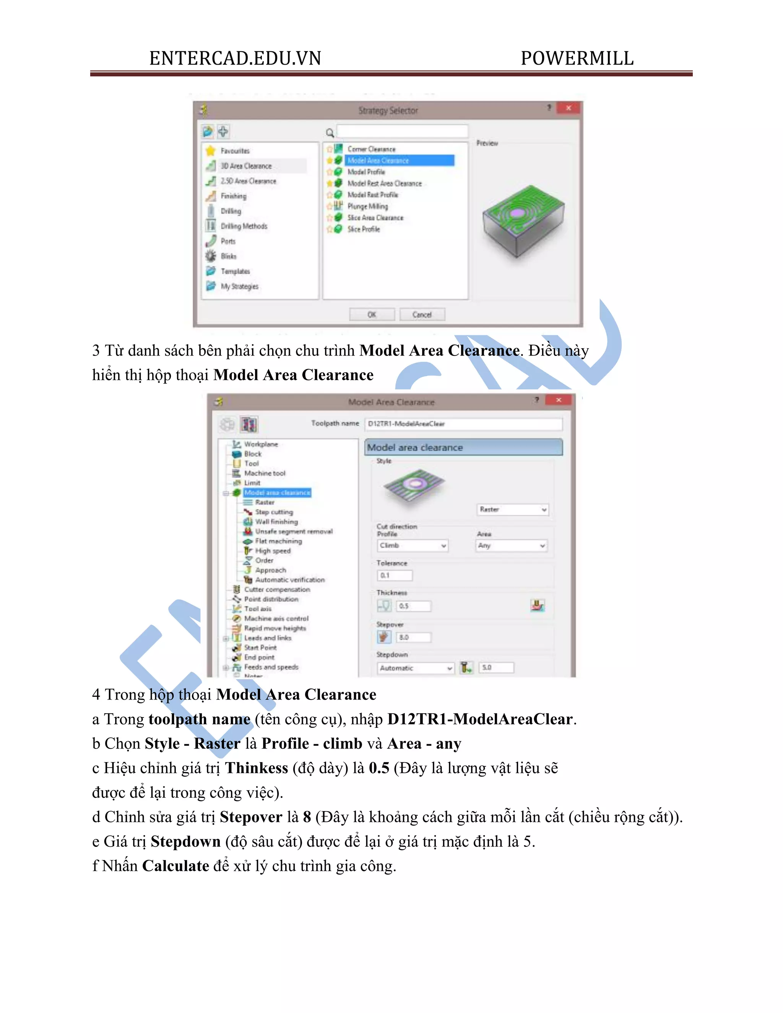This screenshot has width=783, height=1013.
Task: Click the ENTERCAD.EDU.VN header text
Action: click(x=235, y=58)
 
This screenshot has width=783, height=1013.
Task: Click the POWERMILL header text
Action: click(x=577, y=58)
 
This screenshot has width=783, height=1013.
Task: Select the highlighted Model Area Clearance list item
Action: click(x=399, y=161)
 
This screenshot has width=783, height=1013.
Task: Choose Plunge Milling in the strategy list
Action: click(x=367, y=206)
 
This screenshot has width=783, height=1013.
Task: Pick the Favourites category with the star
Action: click(x=235, y=151)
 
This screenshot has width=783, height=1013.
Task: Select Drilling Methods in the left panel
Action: click(x=244, y=226)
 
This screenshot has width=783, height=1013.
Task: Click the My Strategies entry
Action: click(x=239, y=286)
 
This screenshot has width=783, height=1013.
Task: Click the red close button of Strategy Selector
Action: click(x=568, y=108)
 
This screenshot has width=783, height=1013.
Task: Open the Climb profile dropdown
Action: click(x=413, y=545)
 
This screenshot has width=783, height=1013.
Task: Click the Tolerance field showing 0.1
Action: click(x=395, y=576)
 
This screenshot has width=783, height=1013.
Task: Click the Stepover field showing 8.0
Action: click(x=414, y=637)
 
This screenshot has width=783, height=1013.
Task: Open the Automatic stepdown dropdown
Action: click(x=416, y=668)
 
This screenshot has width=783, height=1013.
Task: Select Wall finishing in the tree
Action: click(x=276, y=522)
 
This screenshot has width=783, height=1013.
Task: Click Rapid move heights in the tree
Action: click(x=275, y=628)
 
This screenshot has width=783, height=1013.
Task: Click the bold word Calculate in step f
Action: click(x=175, y=866)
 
